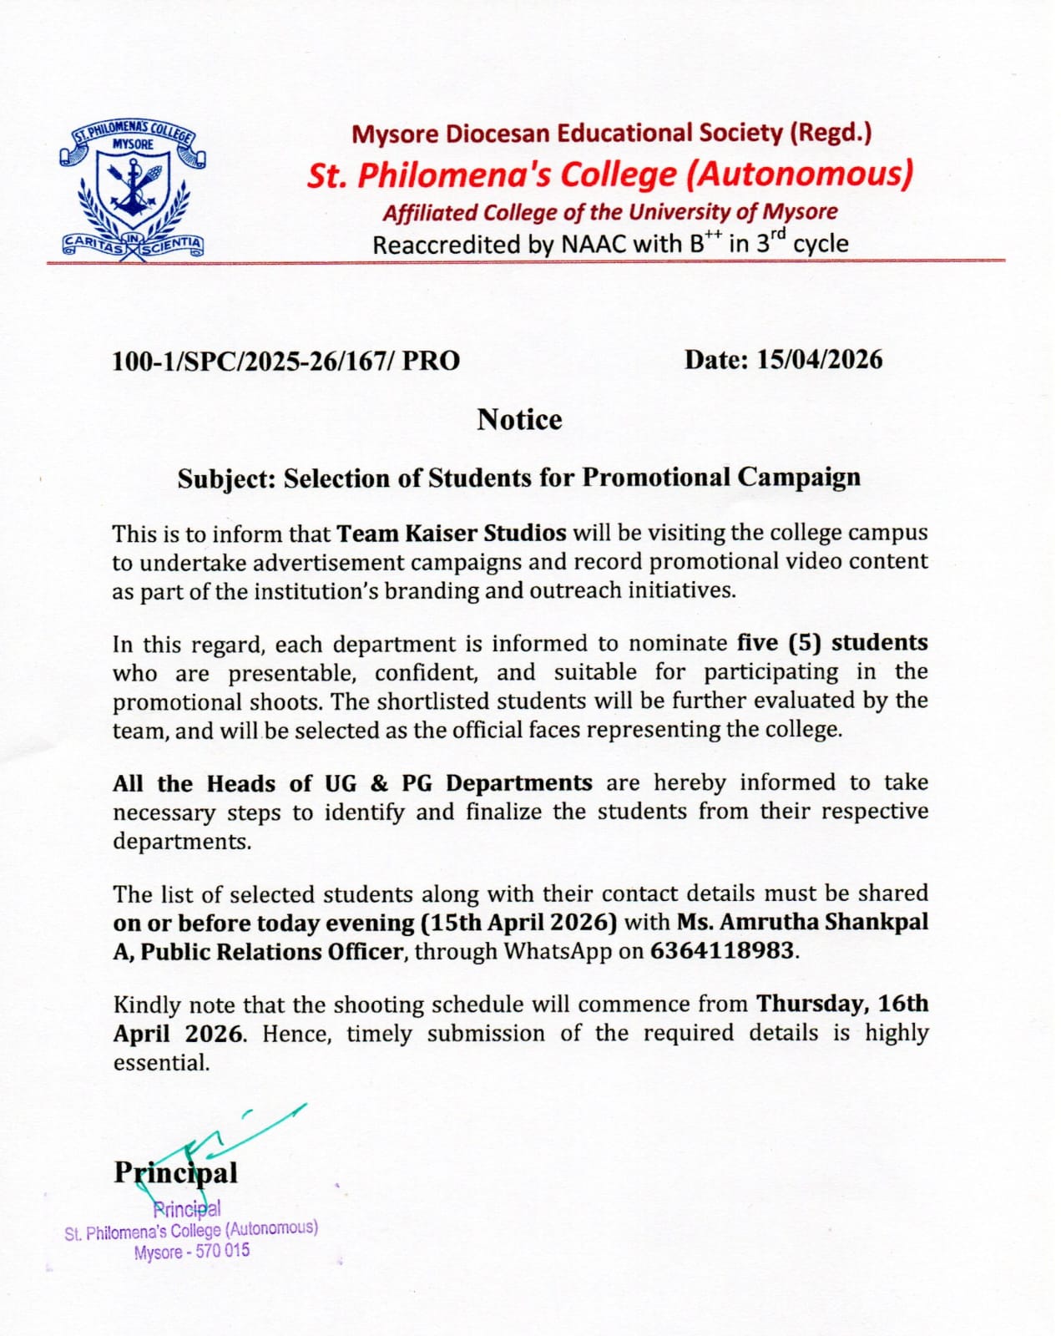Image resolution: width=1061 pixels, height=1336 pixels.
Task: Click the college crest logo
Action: (x=132, y=190)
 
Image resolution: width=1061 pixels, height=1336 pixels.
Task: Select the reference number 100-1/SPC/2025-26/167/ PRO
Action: (x=285, y=361)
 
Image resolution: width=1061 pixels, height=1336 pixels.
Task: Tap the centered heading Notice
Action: (x=519, y=419)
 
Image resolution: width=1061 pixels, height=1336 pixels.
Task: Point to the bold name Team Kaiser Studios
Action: (x=452, y=533)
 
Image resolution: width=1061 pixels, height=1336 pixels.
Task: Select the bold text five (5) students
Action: (x=832, y=643)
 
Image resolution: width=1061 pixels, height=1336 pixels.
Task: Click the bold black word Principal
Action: (x=175, y=1172)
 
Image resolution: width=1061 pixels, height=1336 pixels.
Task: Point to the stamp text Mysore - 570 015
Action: (x=192, y=1252)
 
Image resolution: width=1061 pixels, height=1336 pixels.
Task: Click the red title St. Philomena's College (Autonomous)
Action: (x=610, y=175)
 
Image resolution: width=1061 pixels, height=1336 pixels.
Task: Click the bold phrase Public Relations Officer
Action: (x=271, y=952)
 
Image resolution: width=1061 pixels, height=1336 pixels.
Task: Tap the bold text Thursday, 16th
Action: (x=841, y=1004)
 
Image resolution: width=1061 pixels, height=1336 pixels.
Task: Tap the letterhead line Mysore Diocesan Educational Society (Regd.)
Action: (x=611, y=134)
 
